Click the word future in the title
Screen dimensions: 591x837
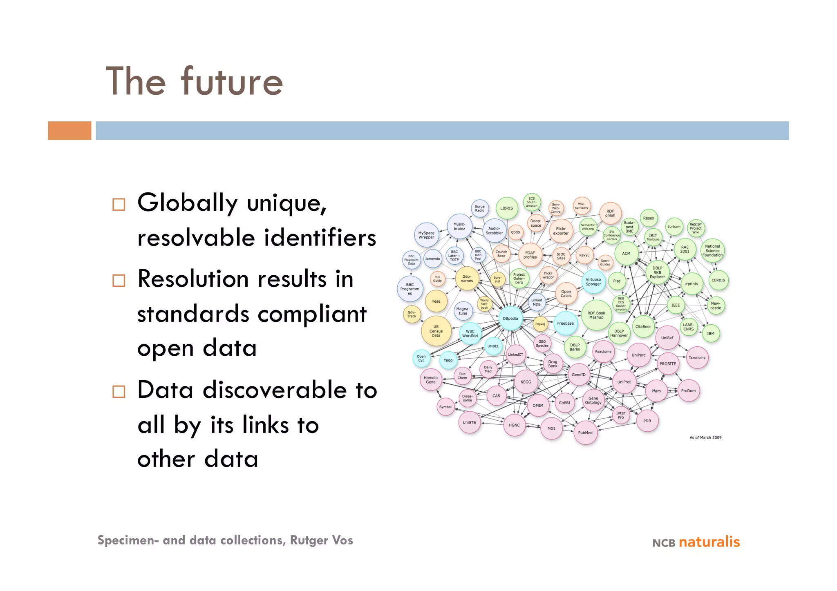pyautogui.click(x=232, y=82)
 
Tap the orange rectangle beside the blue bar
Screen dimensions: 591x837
pyautogui.click(x=69, y=131)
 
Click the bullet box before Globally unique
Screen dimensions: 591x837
pyautogui.click(x=119, y=204)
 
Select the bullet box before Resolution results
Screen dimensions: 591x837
pyautogui.click(x=119, y=281)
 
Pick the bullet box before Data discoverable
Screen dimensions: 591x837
pyautogui.click(x=119, y=392)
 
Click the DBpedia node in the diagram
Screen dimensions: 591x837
pyautogui.click(x=510, y=319)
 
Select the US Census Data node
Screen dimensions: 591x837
pyautogui.click(x=436, y=331)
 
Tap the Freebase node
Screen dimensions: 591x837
pyautogui.click(x=565, y=323)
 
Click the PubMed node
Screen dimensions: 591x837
pyautogui.click(x=585, y=433)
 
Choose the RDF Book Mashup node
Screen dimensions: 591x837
pyautogui.click(x=596, y=315)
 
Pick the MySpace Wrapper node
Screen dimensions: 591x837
pyautogui.click(x=426, y=235)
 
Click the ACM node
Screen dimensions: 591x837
pyautogui.click(x=626, y=254)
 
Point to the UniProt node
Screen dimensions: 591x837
pyautogui.click(x=624, y=382)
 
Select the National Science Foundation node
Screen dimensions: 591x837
pyautogui.click(x=712, y=251)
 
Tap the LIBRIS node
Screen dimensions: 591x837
pyautogui.click(x=506, y=208)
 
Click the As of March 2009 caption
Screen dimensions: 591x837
pyautogui.click(x=705, y=437)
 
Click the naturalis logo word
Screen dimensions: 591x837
pyautogui.click(x=709, y=542)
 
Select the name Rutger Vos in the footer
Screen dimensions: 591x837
pyautogui.click(x=321, y=540)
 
